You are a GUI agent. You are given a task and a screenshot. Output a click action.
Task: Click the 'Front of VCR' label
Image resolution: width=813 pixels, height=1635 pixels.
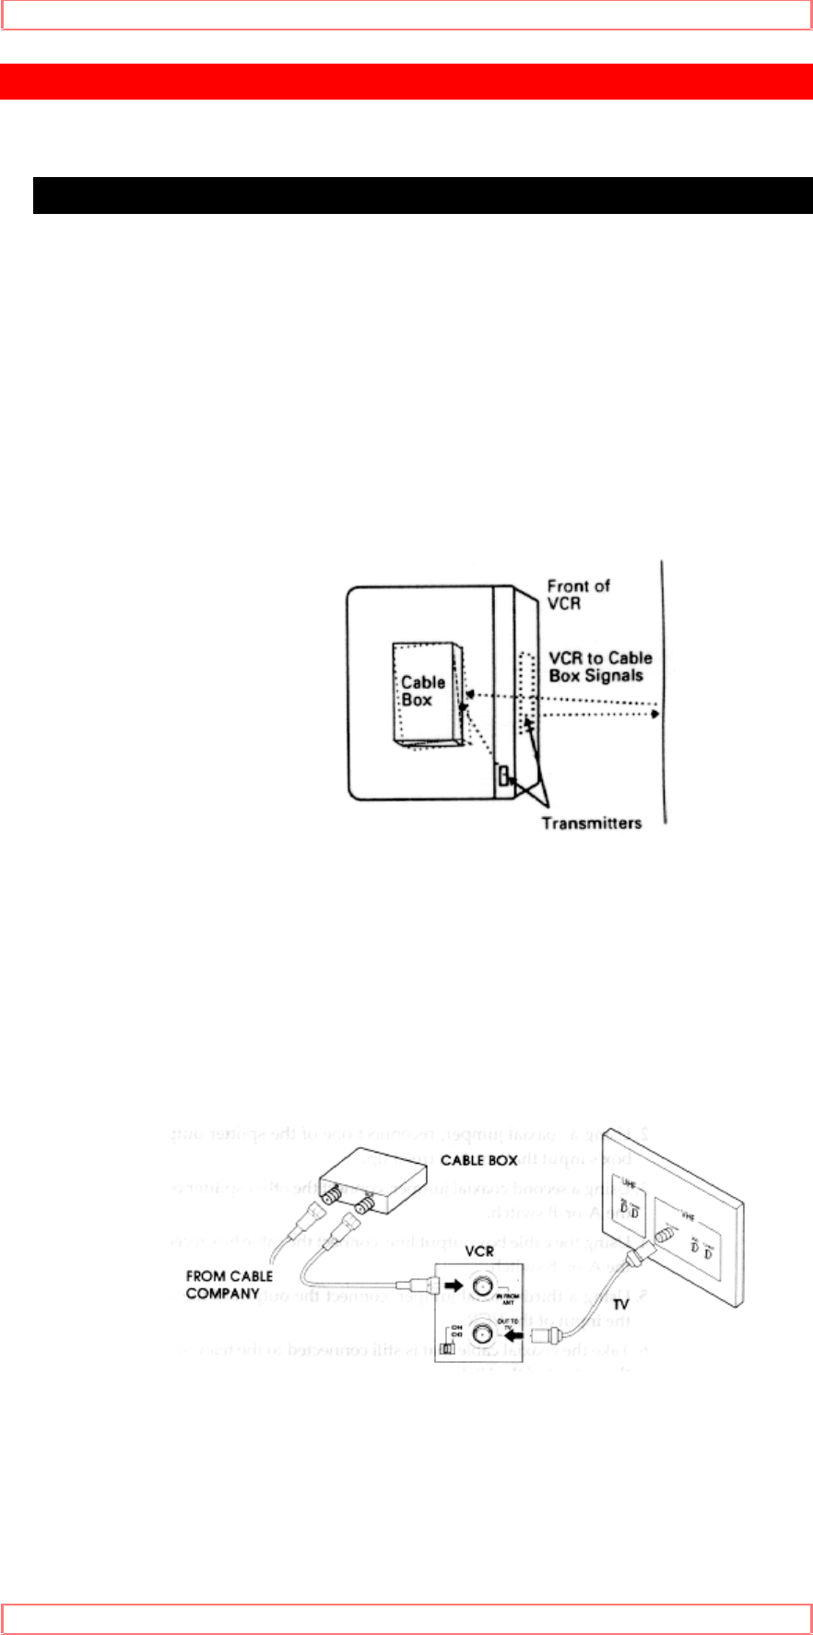click(578, 594)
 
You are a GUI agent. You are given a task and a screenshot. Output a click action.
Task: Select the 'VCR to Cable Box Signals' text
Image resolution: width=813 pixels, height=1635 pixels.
click(600, 667)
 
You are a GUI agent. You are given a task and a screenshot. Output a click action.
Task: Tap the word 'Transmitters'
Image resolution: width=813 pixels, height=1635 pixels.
click(592, 823)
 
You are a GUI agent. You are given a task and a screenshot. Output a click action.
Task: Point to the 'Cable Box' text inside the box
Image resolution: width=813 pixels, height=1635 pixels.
click(422, 691)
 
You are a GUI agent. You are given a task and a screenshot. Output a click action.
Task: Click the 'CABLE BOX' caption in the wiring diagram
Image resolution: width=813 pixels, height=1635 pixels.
click(479, 1160)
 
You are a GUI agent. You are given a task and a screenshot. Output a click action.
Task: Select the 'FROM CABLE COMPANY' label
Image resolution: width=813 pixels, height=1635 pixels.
click(230, 1285)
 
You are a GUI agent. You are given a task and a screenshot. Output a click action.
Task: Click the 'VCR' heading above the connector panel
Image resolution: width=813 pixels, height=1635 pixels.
click(479, 1251)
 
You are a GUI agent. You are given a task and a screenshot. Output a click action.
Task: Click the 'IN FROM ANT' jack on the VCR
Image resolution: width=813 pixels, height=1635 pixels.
click(481, 1285)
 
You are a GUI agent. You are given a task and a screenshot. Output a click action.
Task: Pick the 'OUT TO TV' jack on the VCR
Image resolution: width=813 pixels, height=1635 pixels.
click(481, 1333)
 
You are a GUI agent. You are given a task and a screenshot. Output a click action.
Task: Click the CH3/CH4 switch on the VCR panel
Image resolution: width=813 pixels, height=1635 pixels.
click(446, 1348)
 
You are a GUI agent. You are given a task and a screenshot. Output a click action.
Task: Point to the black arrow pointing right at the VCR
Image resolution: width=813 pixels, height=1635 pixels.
click(454, 1285)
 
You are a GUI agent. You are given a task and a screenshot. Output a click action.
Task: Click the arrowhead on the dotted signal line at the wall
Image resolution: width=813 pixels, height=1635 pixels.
click(654, 714)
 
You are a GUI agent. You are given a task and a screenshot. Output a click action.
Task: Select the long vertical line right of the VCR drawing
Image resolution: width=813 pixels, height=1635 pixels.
click(664, 692)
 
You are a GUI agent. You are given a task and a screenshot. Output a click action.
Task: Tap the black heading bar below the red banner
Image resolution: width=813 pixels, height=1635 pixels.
click(422, 195)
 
